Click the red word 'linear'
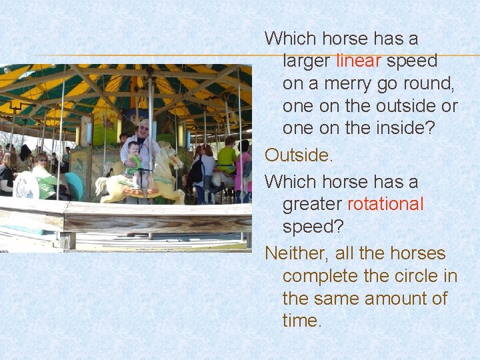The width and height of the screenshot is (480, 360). click(358, 61)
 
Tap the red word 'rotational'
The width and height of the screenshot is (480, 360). click(385, 204)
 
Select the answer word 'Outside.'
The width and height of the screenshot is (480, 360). click(298, 155)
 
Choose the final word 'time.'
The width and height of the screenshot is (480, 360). click(302, 321)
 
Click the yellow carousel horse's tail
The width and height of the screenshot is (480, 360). click(101, 186)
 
